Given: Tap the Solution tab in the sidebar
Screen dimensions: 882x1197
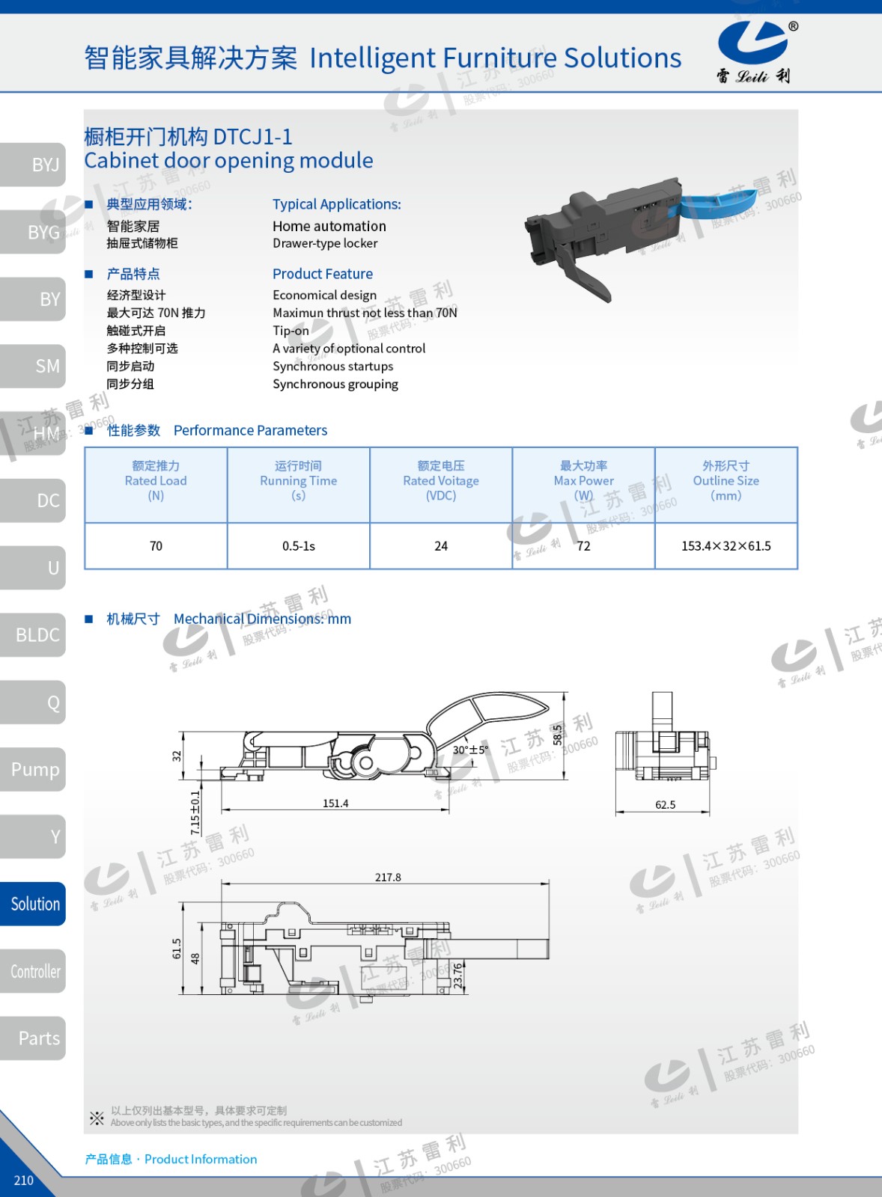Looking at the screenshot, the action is [33, 904].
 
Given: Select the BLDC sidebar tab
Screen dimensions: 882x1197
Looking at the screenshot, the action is [33, 635].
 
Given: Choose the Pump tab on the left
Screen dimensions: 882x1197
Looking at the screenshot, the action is [33, 770].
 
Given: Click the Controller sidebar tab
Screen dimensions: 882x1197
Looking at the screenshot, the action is [33, 971].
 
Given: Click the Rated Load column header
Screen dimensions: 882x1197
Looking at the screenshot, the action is [156, 481].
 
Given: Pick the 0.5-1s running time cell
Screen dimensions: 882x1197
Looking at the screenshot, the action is [299, 546].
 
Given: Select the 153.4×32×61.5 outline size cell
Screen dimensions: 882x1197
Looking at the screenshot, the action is [726, 546].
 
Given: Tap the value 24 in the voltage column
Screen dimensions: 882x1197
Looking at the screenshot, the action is [441, 546].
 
